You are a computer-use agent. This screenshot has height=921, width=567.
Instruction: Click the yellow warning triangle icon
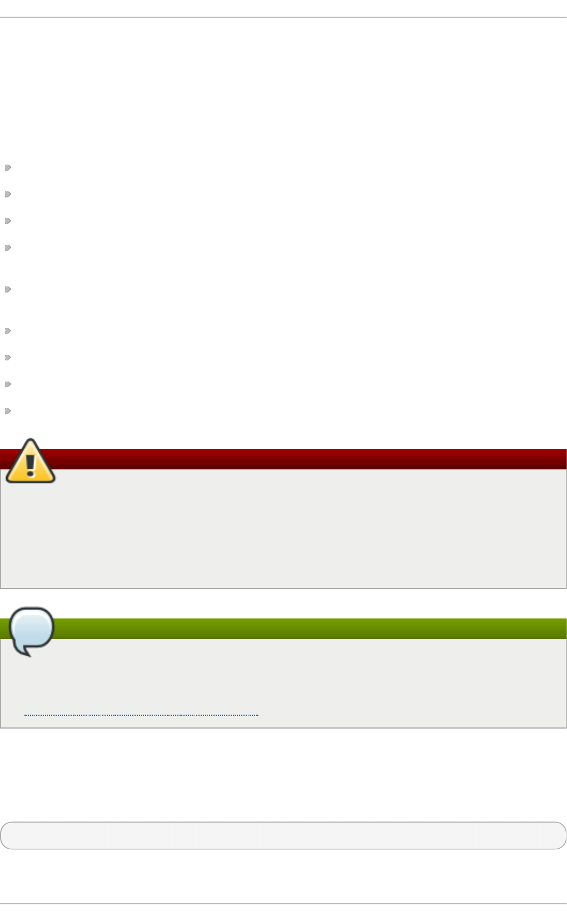(31, 462)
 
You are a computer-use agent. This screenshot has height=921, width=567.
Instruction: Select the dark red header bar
(311, 459)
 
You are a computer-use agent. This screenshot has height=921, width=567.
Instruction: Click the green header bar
(311, 628)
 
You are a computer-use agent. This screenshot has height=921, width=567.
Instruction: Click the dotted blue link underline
(141, 715)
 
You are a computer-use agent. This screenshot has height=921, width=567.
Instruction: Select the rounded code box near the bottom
(283, 835)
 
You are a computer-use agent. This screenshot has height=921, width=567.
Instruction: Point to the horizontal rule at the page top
(283, 18)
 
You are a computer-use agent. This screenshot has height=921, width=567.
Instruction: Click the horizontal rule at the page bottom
(283, 904)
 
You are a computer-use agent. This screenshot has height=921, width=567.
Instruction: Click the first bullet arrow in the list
(8, 167)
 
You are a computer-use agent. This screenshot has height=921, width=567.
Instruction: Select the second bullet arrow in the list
(8, 194)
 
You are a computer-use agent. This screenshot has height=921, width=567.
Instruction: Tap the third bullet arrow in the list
(8, 221)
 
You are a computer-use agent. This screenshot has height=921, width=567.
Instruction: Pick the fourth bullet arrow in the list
(8, 247)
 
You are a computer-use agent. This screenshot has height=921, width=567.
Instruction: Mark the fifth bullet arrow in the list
(8, 289)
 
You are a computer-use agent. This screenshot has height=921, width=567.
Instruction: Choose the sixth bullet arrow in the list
(8, 331)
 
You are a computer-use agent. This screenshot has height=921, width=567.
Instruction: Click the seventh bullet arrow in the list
(8, 358)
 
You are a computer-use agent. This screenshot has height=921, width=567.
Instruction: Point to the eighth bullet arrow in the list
(8, 384)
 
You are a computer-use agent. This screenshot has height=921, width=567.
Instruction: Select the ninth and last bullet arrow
(8, 411)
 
